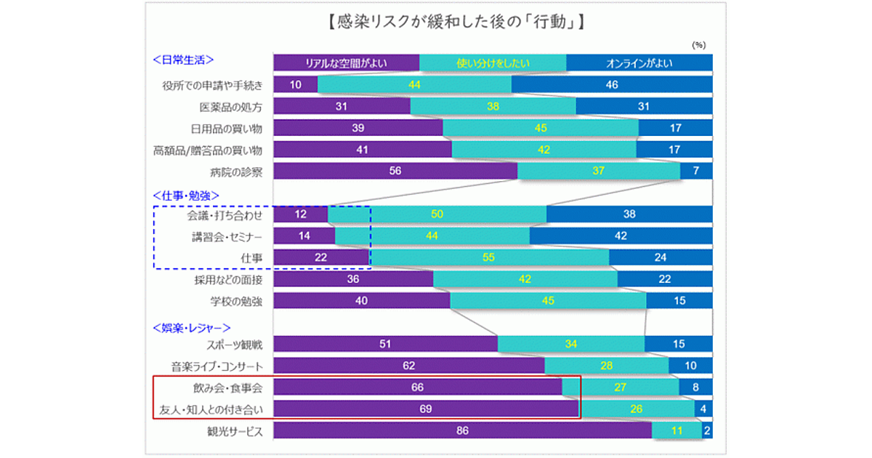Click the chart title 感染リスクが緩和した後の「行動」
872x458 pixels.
(x=436, y=22)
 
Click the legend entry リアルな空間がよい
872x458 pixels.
(x=346, y=63)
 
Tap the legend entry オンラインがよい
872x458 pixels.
(x=639, y=63)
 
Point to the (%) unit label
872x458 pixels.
(x=698, y=45)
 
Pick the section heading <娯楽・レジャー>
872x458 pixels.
(x=192, y=328)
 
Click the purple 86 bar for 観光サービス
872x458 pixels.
(x=462, y=431)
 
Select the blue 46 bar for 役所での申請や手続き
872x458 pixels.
(x=612, y=85)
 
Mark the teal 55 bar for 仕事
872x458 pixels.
(x=489, y=258)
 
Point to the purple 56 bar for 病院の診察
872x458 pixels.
(x=395, y=172)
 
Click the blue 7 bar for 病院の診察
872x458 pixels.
(x=696, y=172)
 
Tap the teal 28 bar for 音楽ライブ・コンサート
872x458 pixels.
(x=607, y=366)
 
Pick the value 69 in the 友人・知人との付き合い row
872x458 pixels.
(x=426, y=409)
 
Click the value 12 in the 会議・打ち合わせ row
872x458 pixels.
(x=300, y=215)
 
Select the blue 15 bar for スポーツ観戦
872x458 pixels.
(x=678, y=345)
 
